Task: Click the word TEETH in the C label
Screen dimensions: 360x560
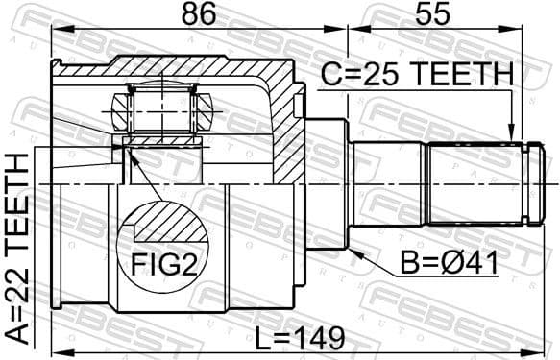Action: [464, 74]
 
